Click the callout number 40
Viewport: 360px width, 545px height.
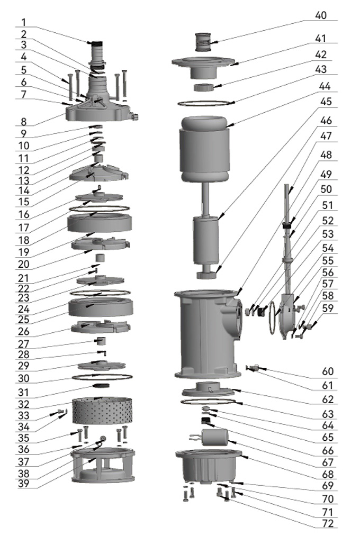click(x=321, y=15)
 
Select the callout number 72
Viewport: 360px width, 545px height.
click(x=328, y=524)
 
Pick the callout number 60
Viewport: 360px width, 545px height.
click(x=328, y=373)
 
